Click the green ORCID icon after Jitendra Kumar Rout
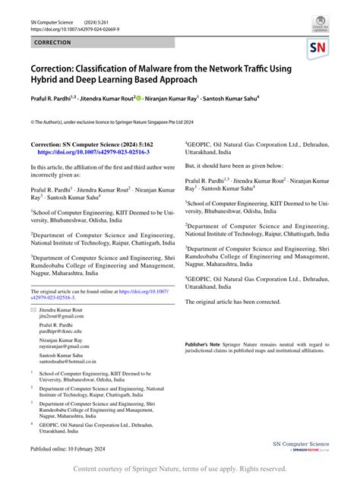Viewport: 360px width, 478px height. click(139, 97)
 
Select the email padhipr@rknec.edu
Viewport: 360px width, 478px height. click(62, 332)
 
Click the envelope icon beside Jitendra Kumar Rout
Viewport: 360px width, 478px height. click(33, 311)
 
